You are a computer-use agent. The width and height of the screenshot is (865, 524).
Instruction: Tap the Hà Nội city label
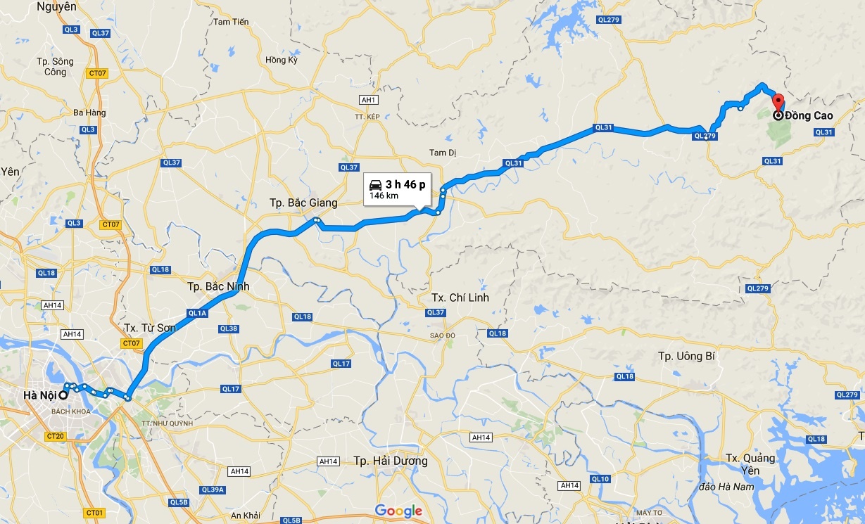[x=39, y=395]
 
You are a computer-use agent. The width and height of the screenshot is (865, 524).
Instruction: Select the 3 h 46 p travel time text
[x=405, y=184]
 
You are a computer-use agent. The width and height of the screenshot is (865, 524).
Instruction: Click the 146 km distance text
[x=384, y=196]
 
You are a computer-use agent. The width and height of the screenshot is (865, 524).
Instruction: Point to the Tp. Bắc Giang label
[x=303, y=203]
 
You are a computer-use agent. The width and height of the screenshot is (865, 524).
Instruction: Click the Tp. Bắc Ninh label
[x=218, y=287]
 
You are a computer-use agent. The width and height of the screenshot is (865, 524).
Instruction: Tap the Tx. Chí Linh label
[x=460, y=298]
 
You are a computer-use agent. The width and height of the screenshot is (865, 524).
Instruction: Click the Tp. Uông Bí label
[x=686, y=356]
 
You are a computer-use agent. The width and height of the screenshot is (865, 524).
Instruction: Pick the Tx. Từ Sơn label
[x=150, y=328]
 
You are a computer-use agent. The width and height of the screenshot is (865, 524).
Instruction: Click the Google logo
[x=398, y=511]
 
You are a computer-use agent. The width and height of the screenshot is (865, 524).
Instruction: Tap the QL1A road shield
[x=196, y=313]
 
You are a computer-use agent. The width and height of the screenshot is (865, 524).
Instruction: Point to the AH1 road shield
[x=368, y=101]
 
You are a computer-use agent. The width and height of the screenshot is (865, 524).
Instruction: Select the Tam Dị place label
[x=443, y=153]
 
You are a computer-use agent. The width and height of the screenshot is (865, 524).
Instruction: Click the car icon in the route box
[x=376, y=184]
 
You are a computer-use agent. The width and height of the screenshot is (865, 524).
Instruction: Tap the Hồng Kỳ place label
[x=282, y=60]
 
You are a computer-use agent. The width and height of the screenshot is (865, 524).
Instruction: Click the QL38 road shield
[x=228, y=328]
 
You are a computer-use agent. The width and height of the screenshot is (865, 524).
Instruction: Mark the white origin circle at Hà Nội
[x=63, y=395]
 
